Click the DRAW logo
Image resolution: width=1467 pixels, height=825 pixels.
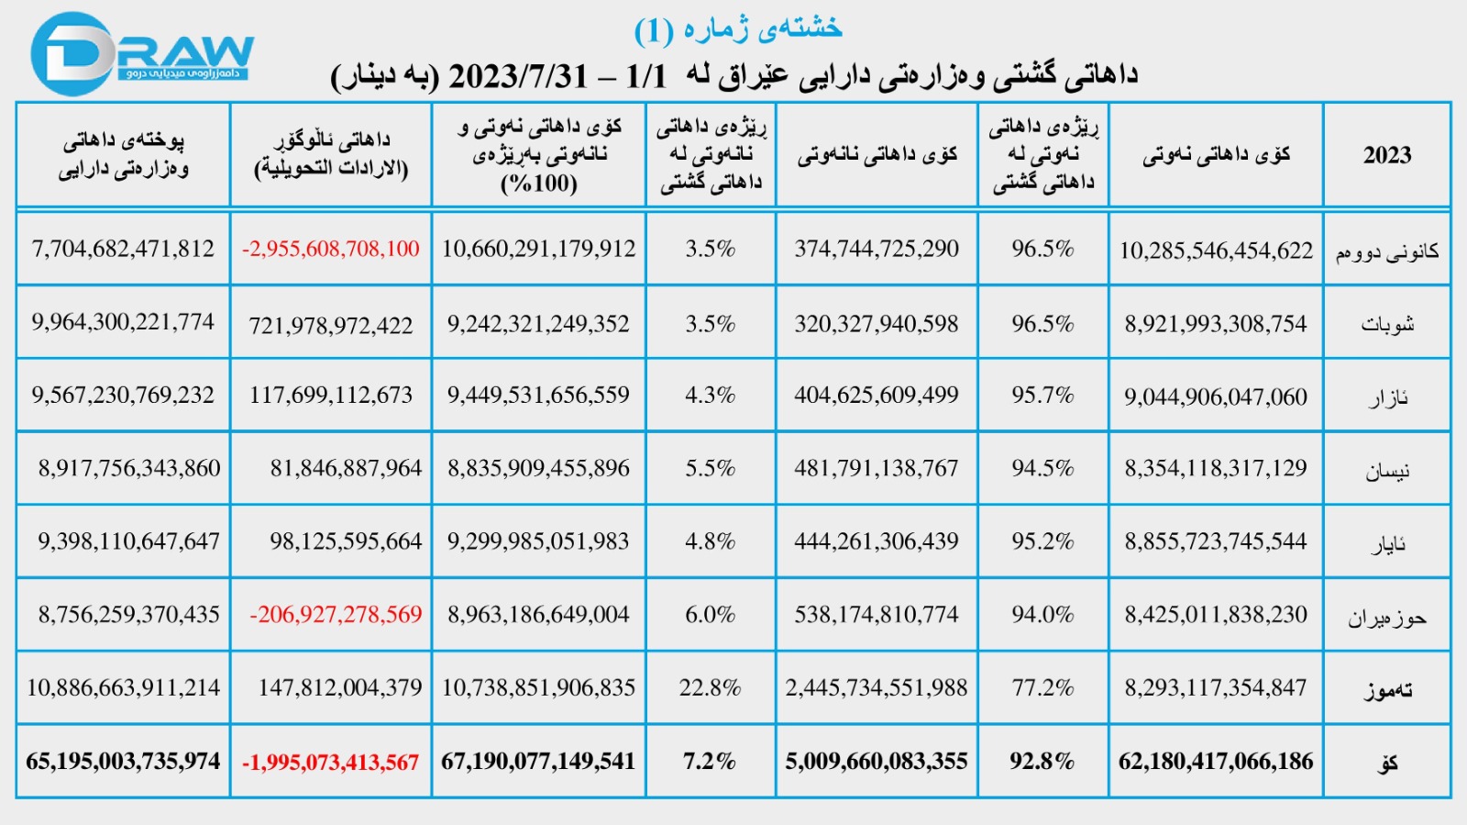(x=142, y=53)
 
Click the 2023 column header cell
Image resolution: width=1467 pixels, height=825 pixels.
(x=1386, y=154)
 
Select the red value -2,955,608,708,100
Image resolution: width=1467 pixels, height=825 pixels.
(x=330, y=249)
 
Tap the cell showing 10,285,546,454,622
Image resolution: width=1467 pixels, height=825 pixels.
(x=1216, y=251)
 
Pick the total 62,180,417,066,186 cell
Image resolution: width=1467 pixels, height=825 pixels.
(x=1216, y=761)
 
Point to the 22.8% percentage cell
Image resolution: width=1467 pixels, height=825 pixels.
(x=710, y=687)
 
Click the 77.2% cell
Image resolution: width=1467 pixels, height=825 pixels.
(x=1042, y=687)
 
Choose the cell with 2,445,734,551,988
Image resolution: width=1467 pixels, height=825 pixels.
(x=876, y=687)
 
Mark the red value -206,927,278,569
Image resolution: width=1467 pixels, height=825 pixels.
(x=336, y=614)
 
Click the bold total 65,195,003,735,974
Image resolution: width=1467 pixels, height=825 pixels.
(x=123, y=761)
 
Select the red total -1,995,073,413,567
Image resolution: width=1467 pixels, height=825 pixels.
(x=330, y=762)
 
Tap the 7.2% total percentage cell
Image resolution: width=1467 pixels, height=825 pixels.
(x=710, y=761)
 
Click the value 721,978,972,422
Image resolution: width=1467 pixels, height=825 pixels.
(x=330, y=325)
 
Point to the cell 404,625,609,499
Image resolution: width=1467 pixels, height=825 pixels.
(x=876, y=395)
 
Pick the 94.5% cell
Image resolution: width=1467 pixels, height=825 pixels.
(x=1042, y=468)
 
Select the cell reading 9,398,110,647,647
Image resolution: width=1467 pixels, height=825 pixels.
(x=128, y=541)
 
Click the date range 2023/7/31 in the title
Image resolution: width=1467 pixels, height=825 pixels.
(x=517, y=75)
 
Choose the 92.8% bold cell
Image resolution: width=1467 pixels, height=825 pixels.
(x=1042, y=761)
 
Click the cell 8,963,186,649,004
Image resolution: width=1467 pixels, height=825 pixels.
(x=538, y=614)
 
